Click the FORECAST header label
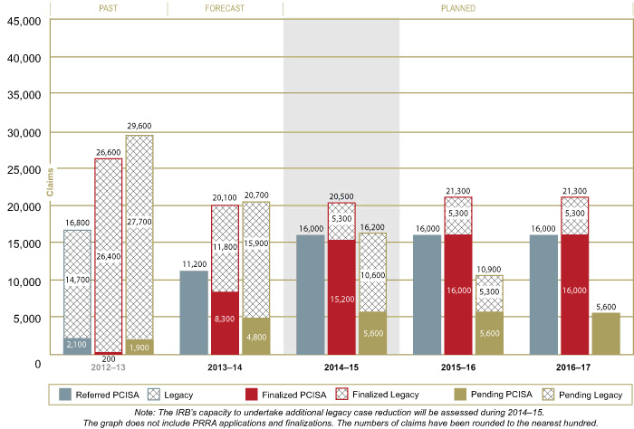pyautogui.click(x=225, y=8)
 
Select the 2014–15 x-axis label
pyautogui.click(x=341, y=369)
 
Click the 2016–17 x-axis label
pyautogui.click(x=575, y=369)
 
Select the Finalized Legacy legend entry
pyautogui.click(x=379, y=394)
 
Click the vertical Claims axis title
pyautogui.click(x=51, y=185)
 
